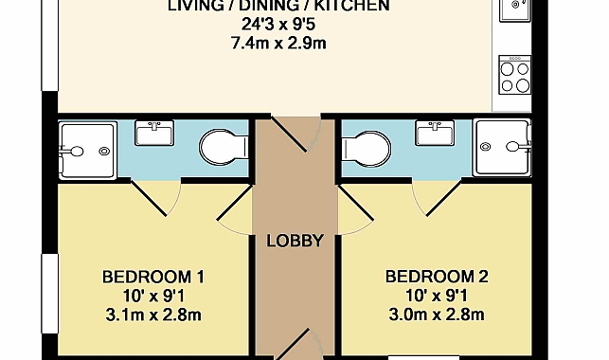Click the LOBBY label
295,241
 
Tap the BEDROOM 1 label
153,278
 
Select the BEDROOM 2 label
437,277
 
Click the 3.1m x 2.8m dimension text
153,315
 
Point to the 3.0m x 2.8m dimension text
437,315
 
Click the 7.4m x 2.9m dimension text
278,44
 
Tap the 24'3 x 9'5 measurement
278,25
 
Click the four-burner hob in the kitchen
515,76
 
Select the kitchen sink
515,9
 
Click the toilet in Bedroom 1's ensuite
224,148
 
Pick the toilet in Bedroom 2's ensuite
367,149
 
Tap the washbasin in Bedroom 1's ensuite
154,134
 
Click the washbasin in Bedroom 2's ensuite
435,133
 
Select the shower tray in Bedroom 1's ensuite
87,151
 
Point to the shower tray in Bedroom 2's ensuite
502,148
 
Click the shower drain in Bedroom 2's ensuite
485,147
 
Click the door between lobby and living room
296,134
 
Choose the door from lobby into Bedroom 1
234,209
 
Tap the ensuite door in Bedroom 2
437,198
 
